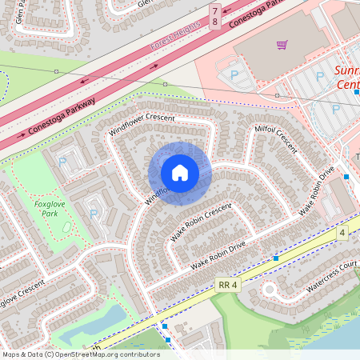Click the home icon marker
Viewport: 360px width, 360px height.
point(180,173)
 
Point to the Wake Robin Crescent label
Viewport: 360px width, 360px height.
point(200,222)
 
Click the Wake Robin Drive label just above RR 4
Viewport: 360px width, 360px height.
point(218,254)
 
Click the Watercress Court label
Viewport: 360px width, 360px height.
point(330,269)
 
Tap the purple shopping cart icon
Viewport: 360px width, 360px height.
point(282,45)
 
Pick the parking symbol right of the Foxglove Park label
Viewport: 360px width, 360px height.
point(94,214)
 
